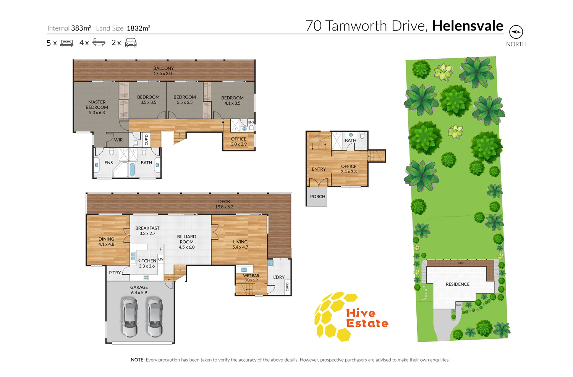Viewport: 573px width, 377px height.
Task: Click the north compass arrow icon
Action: (x=516, y=32)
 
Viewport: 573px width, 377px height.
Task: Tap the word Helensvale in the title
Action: (x=468, y=26)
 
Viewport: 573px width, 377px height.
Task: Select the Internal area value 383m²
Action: (x=81, y=28)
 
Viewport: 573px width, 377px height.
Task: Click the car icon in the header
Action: (x=131, y=43)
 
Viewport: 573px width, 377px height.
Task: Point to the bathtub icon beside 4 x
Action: (x=99, y=42)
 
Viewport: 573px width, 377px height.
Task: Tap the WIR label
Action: (x=118, y=140)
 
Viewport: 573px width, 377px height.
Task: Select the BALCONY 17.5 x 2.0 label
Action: (x=163, y=71)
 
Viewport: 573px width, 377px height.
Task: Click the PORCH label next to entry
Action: (x=318, y=196)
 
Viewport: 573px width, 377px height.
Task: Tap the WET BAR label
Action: (x=251, y=275)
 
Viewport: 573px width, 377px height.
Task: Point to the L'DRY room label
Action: (x=279, y=277)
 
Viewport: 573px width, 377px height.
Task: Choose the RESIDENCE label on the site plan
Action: (x=458, y=284)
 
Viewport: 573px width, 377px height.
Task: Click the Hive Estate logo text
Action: (x=367, y=319)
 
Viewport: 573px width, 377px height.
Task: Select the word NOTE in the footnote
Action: (x=138, y=360)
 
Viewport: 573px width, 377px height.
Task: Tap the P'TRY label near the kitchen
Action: (x=115, y=273)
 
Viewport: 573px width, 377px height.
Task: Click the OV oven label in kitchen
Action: (x=161, y=259)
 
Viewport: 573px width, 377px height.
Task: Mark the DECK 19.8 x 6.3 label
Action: (x=224, y=204)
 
